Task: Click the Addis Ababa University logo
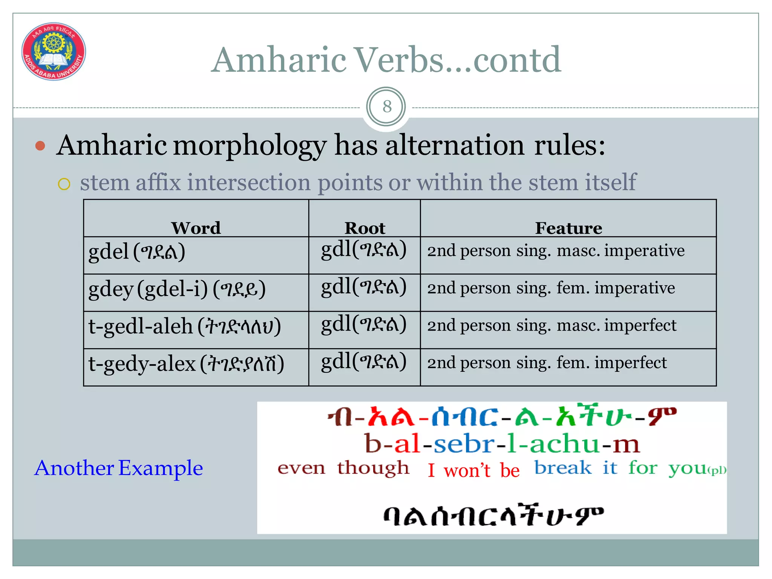[x=54, y=51]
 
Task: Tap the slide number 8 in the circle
[x=386, y=107]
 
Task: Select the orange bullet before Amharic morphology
[x=40, y=146]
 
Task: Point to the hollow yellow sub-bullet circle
[x=64, y=184]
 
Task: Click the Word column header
[x=196, y=228]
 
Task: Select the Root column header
[x=365, y=228]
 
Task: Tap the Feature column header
[x=568, y=228]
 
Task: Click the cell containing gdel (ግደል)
[x=196, y=255]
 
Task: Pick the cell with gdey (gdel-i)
[x=196, y=292]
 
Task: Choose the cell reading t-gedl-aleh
[x=196, y=329]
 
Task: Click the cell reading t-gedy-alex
[x=196, y=367]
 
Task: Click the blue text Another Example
[x=118, y=468]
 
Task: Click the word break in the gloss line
[x=563, y=468]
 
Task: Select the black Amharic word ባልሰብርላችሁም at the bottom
[x=493, y=516]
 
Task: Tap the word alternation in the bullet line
[x=454, y=146]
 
